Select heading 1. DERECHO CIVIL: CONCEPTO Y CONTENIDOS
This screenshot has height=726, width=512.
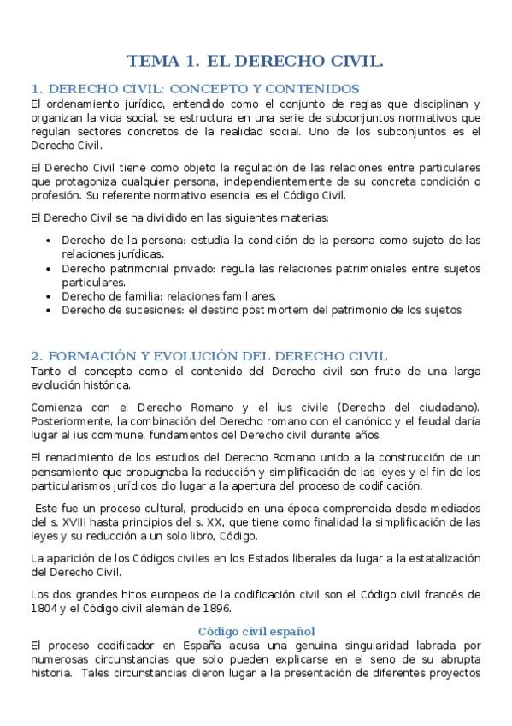click(195, 89)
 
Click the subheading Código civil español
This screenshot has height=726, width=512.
click(256, 632)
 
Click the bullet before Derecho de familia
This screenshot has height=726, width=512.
click(48, 296)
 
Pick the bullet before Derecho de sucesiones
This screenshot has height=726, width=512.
click(48, 310)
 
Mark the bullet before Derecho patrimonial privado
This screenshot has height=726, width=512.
click(48, 269)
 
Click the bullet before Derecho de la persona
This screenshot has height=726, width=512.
click(48, 241)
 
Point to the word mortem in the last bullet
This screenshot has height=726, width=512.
click(307, 310)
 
